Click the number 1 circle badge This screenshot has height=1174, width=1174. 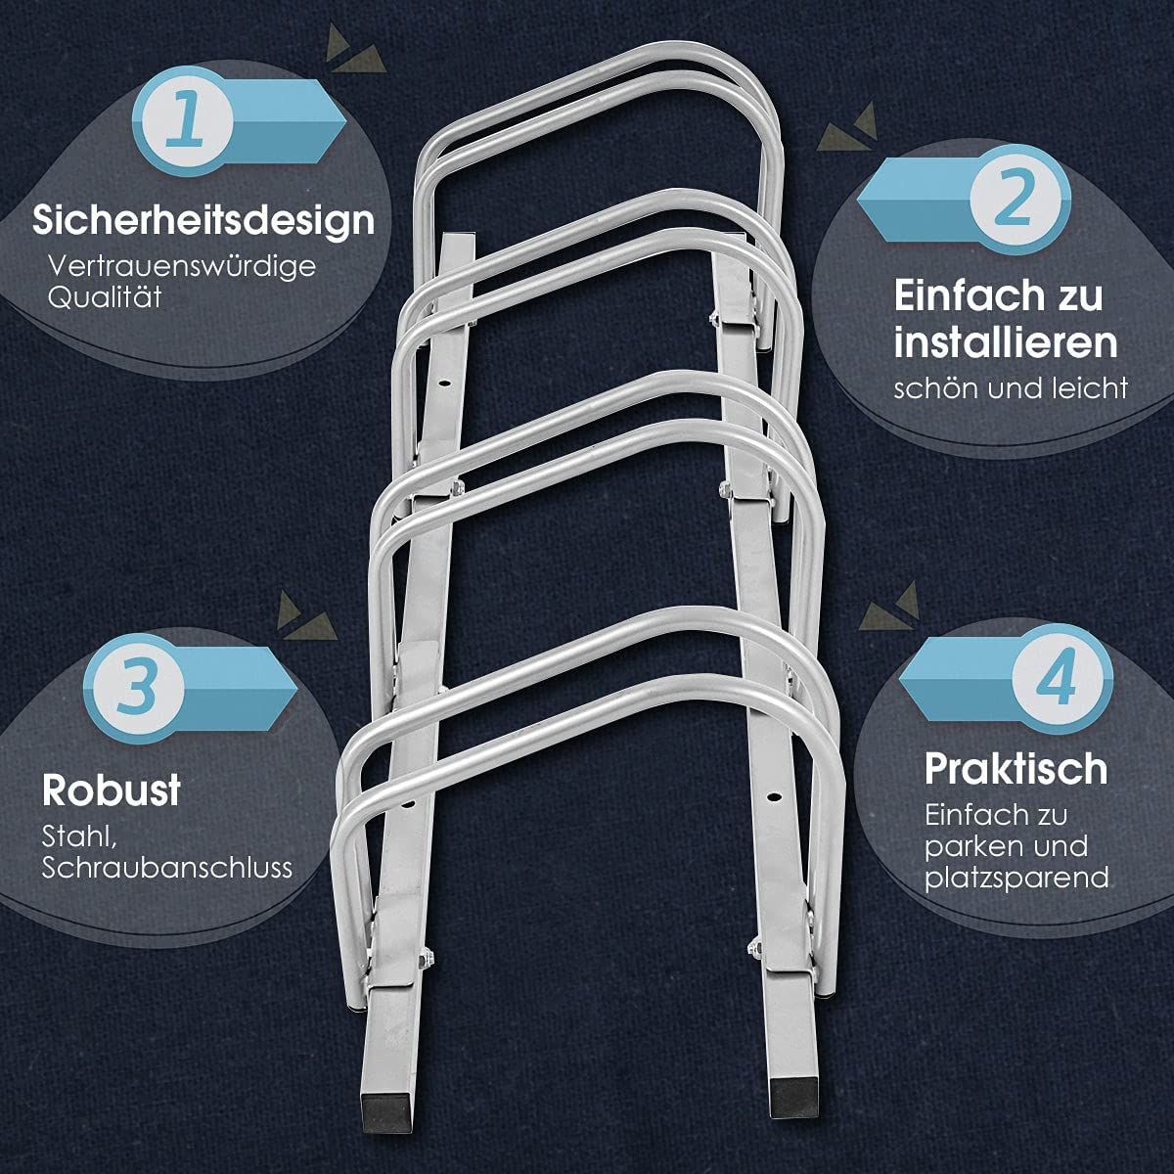tap(183, 120)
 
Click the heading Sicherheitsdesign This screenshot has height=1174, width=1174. tap(203, 220)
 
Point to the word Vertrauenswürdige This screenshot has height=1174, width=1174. tap(182, 266)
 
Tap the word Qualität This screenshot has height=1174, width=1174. tap(105, 297)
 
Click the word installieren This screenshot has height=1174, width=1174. tap(1006, 342)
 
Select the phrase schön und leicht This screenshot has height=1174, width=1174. tap(1011, 388)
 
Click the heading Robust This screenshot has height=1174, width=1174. tap(112, 790)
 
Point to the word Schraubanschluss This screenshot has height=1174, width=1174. tap(167, 869)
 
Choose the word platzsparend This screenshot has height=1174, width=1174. tap(1016, 878)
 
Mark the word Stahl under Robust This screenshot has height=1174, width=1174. tap(79, 837)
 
